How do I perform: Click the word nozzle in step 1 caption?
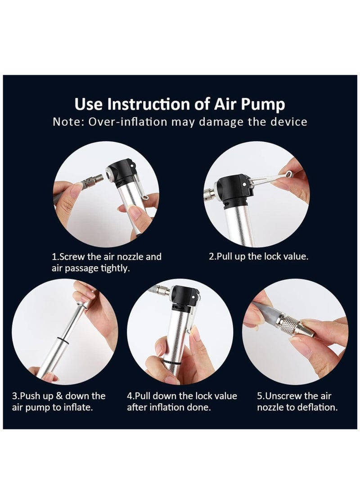coord(128,257)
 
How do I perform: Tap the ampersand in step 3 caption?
coord(59,396)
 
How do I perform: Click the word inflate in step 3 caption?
coord(77,407)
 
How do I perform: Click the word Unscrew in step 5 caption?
coord(283,396)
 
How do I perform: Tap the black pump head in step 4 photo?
coord(184,298)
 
